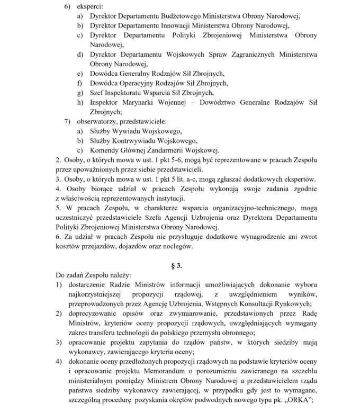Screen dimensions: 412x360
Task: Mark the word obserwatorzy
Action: (99, 121)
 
